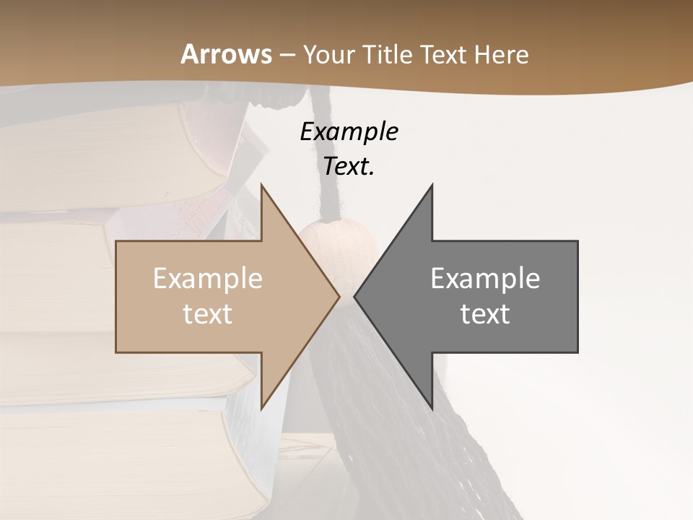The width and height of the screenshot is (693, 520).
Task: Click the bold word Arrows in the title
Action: pos(226,55)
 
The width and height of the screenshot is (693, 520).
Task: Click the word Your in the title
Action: pos(328,55)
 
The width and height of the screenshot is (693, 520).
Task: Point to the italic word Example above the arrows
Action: pos(349,132)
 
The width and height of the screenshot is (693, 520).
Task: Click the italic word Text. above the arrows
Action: pos(349,167)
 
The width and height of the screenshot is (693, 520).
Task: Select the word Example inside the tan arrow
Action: pos(207,279)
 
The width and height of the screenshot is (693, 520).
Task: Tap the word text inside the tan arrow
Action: pos(207,314)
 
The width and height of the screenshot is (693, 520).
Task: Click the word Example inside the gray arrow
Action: pos(485,279)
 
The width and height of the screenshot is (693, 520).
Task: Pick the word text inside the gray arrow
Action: pos(485,314)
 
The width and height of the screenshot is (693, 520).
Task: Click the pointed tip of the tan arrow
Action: pos(339,296)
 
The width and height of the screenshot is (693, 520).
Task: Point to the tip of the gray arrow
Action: pos(354,296)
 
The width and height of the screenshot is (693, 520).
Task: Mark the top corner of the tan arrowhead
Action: pos(261,186)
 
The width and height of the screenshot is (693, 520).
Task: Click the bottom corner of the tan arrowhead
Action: pos(261,407)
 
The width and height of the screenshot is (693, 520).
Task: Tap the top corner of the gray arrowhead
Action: pos(432,186)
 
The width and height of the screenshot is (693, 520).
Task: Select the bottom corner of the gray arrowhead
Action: pos(432,407)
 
